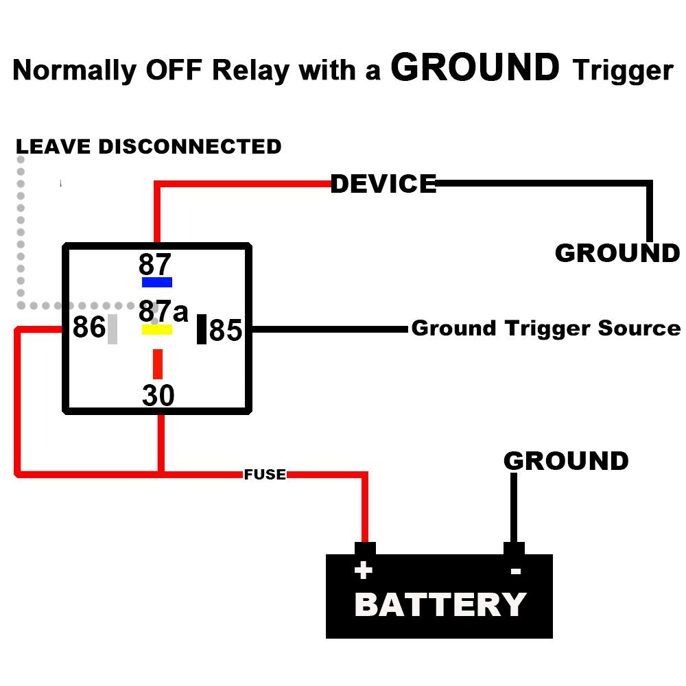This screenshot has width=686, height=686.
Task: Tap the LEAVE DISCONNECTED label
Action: pyautogui.click(x=149, y=146)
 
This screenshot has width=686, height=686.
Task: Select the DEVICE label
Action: pyautogui.click(x=383, y=184)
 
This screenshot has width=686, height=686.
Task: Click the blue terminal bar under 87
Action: pyautogui.click(x=157, y=282)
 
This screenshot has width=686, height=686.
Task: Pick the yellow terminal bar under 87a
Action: pyautogui.click(x=157, y=330)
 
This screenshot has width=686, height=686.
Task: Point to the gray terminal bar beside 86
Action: pyautogui.click(x=113, y=329)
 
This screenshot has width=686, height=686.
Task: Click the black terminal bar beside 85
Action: pyautogui.click(x=202, y=329)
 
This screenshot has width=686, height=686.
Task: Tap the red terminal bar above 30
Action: pyautogui.click(x=158, y=364)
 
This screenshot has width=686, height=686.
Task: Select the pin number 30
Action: pyautogui.click(x=158, y=396)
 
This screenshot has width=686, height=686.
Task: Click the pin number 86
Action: pyautogui.click(x=88, y=328)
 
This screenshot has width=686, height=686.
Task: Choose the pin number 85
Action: pyautogui.click(x=226, y=331)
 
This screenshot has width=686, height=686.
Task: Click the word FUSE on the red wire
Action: pyautogui.click(x=265, y=474)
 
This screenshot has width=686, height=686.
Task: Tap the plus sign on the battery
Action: pyautogui.click(x=363, y=570)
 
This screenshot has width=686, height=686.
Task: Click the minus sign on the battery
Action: pyautogui.click(x=516, y=571)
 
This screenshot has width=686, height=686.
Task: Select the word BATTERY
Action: pyautogui.click(x=440, y=605)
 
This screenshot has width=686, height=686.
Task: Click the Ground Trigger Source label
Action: pyautogui.click(x=545, y=328)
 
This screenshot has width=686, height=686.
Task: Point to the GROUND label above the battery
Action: pyautogui.click(x=566, y=460)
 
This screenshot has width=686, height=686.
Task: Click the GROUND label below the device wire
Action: pyautogui.click(x=617, y=253)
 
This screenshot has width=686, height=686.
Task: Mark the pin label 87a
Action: pyautogui.click(x=163, y=311)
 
